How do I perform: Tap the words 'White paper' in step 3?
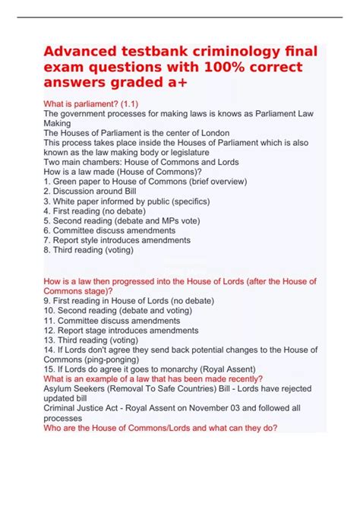(x=77, y=201)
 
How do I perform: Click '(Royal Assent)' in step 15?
(x=195, y=370)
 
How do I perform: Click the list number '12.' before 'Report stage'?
(x=50, y=331)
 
